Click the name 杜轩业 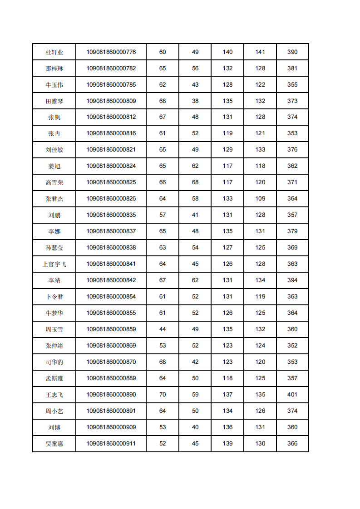pos(54,52)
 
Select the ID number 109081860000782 pos(111,69)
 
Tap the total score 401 pos(292,395)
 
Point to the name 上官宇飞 pos(54,264)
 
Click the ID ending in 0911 pos(111,444)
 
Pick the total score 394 pos(292,280)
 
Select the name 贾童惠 pos(54,444)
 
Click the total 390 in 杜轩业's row pos(292,52)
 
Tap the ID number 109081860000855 pos(111,313)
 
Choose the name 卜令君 pos(54,297)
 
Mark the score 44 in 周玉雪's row pos(163,329)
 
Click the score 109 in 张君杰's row pos(260,199)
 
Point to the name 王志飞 pos(54,395)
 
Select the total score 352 pos(292,346)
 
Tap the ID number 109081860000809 pos(111,101)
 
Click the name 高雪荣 pos(54,182)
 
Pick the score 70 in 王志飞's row pos(163,395)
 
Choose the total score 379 pos(292,231)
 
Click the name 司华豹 pos(54,362)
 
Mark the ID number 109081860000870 pos(111,362)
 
